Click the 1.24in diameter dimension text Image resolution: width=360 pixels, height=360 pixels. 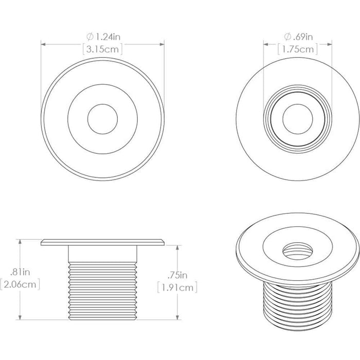coord(107,37)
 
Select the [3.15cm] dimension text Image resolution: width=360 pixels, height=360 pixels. coord(103,49)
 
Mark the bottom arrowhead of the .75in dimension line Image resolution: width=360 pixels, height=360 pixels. coord(177,317)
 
